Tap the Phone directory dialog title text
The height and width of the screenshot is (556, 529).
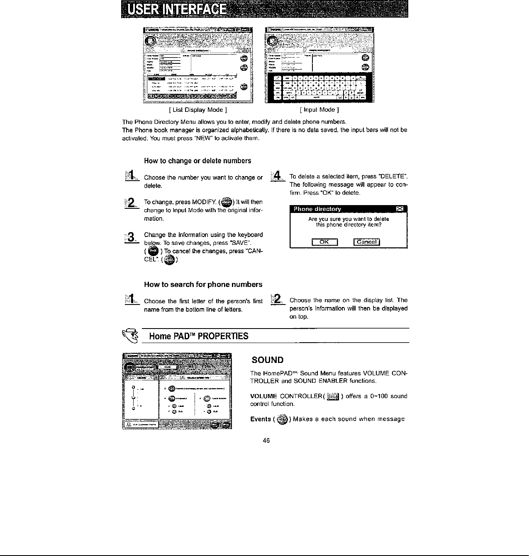pyautogui.click(x=317, y=208)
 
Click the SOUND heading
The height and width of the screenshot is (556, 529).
pyautogui.click(x=267, y=360)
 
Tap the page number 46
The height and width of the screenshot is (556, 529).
pyautogui.click(x=266, y=440)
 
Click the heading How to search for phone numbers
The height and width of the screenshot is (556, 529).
pyautogui.click(x=203, y=284)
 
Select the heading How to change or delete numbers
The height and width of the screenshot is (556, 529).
pyautogui.click(x=197, y=160)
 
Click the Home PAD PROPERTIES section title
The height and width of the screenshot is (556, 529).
pyautogui.click(x=198, y=336)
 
